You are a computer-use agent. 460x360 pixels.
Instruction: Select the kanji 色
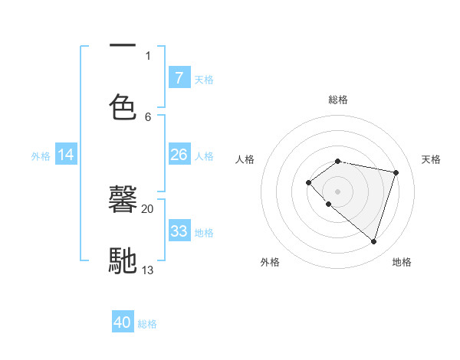(x=123, y=106)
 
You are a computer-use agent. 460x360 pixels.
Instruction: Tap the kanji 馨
(x=123, y=201)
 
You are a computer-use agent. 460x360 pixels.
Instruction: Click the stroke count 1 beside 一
(x=148, y=55)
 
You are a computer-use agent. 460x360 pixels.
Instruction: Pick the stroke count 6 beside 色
(x=148, y=116)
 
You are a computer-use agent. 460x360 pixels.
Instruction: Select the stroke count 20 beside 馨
(x=148, y=208)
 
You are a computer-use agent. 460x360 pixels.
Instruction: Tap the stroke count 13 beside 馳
(x=148, y=270)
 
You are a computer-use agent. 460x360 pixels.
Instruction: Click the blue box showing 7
(x=179, y=78)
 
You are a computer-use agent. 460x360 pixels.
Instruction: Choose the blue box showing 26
(x=179, y=155)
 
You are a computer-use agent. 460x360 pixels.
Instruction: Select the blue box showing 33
(x=179, y=231)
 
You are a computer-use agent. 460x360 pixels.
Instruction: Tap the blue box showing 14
(x=66, y=155)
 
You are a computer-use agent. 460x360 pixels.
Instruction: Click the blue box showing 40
(x=123, y=322)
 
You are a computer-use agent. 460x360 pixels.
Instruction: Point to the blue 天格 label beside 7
(x=204, y=79)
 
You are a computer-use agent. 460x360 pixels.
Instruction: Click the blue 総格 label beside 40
(x=147, y=324)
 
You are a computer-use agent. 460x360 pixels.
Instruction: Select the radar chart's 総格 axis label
(x=337, y=100)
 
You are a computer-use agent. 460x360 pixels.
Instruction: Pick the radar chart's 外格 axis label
(x=269, y=262)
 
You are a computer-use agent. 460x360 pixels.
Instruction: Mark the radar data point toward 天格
(x=396, y=172)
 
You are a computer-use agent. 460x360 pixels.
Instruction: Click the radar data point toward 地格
(x=373, y=242)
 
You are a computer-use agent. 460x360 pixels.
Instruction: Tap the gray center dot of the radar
(x=337, y=191)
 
